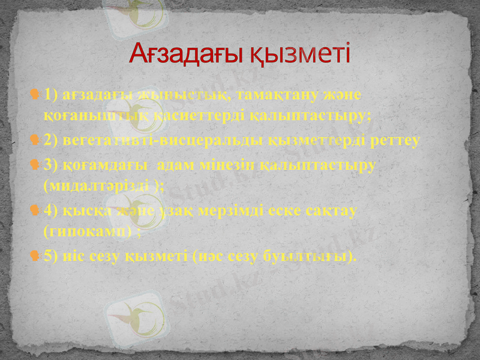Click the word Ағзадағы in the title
coord(185,55)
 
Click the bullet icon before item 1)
coord(36,95)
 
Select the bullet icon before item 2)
coord(36,140)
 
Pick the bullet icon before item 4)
coord(36,210)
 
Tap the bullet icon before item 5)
coord(36,256)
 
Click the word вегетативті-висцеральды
coord(158,140)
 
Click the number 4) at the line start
coord(52,210)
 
